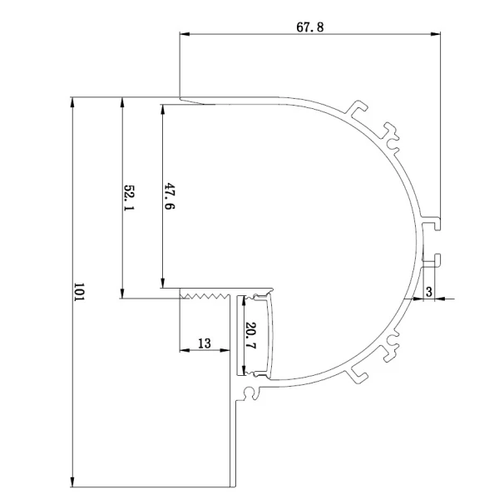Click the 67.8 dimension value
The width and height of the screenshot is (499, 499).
click(309, 27)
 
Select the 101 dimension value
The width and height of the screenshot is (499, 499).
click(78, 292)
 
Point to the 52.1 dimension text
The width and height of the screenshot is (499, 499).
click(129, 197)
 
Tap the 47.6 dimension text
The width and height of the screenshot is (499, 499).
click(170, 195)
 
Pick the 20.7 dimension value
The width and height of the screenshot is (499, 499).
click(251, 335)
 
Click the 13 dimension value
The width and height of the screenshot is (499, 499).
click(205, 343)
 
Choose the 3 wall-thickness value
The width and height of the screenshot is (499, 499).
click(428, 292)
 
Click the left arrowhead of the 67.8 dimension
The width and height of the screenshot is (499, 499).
click(185, 34)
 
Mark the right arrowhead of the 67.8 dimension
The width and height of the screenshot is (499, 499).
click(436, 34)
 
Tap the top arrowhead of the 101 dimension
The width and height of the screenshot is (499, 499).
click(72, 102)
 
